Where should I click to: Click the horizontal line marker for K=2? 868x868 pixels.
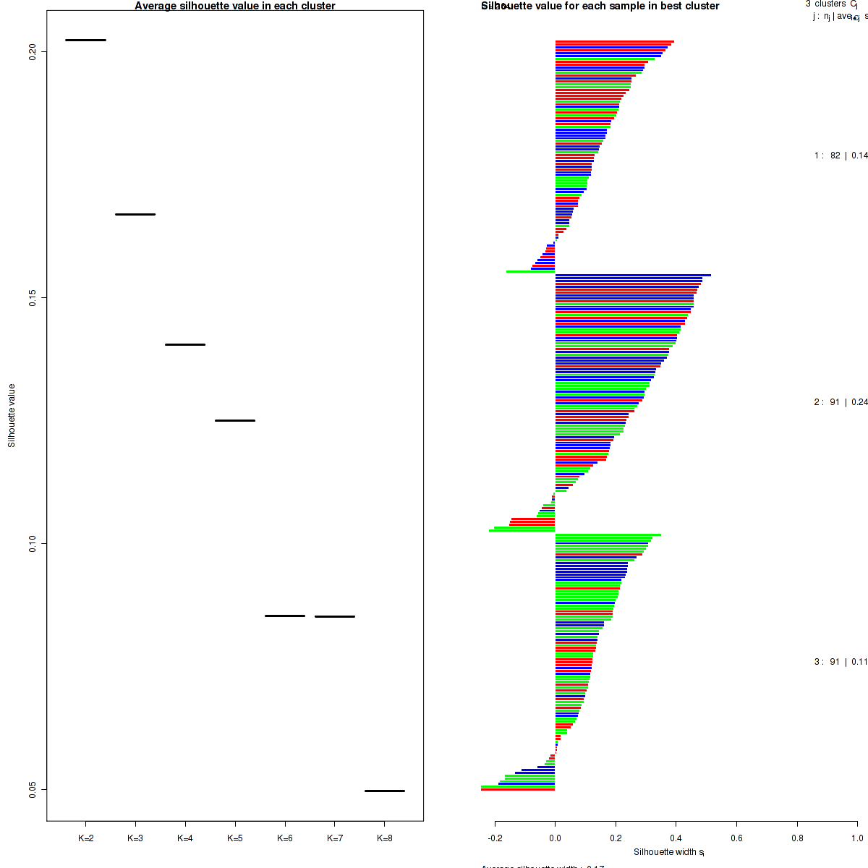click(x=85, y=40)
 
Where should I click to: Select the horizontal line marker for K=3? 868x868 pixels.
click(x=135, y=214)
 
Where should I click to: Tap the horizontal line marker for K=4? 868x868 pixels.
click(x=185, y=344)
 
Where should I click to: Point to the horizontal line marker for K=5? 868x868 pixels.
click(x=235, y=420)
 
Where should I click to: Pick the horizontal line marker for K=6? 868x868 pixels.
click(x=285, y=616)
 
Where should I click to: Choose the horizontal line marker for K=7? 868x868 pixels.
click(x=335, y=616)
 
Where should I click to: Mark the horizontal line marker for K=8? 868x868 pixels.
click(x=385, y=791)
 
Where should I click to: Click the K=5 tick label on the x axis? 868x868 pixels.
click(x=235, y=838)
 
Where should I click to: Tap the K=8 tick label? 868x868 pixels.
click(x=385, y=838)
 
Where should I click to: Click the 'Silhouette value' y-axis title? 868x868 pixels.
click(x=12, y=415)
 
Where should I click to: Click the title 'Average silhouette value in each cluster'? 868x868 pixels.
click(x=235, y=6)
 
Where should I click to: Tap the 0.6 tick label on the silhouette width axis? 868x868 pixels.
click(x=736, y=838)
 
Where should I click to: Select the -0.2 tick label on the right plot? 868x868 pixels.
click(x=495, y=838)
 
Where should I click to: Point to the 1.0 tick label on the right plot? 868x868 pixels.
click(x=857, y=838)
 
